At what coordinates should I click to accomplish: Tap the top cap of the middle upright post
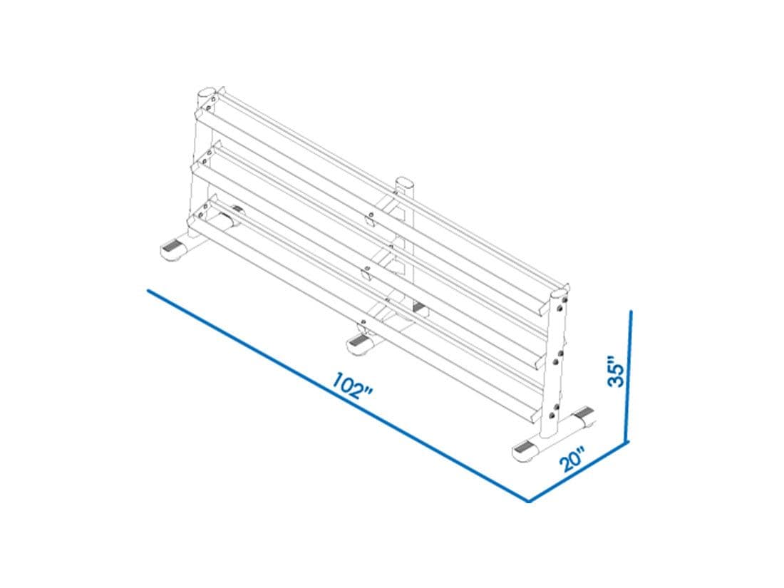405,182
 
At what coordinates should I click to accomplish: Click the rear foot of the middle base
419,306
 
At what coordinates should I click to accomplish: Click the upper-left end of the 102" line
148,290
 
